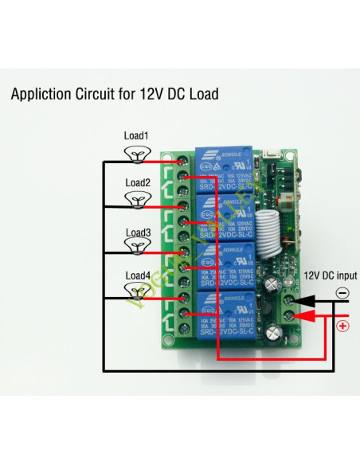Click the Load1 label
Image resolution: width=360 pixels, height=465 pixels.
(x=135, y=136)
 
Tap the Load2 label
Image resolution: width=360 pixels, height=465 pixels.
(x=137, y=182)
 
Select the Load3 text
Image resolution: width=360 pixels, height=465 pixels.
(x=137, y=232)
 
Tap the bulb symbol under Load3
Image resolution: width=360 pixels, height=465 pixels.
(x=139, y=248)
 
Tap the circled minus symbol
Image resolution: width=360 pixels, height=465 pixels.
(x=342, y=293)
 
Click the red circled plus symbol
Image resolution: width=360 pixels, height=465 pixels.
(x=343, y=325)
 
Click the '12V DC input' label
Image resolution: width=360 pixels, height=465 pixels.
(x=331, y=275)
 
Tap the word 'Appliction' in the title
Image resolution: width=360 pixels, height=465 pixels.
(x=45, y=94)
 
